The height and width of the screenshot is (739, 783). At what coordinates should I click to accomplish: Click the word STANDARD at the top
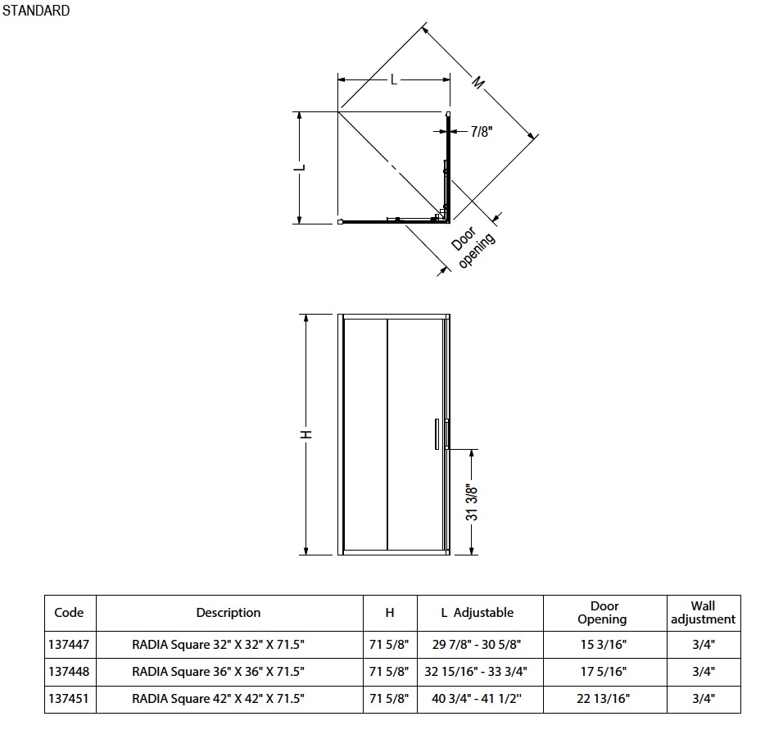pyautogui.click(x=36, y=11)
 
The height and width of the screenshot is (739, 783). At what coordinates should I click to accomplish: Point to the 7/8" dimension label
pyautogui.click(x=482, y=131)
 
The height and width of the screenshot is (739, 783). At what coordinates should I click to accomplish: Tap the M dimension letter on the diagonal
pyautogui.click(x=477, y=83)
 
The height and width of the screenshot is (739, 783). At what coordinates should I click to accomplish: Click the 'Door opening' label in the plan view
pyautogui.click(x=473, y=247)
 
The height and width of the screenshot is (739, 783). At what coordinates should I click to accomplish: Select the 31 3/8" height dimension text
pyautogui.click(x=472, y=502)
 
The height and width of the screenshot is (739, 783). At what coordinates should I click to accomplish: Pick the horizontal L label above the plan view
pyautogui.click(x=393, y=79)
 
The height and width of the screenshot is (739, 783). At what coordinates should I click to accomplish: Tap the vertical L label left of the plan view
pyautogui.click(x=300, y=167)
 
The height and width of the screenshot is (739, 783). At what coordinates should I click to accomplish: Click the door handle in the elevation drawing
pyautogui.click(x=437, y=433)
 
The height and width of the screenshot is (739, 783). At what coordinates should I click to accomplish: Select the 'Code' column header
pyautogui.click(x=69, y=613)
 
